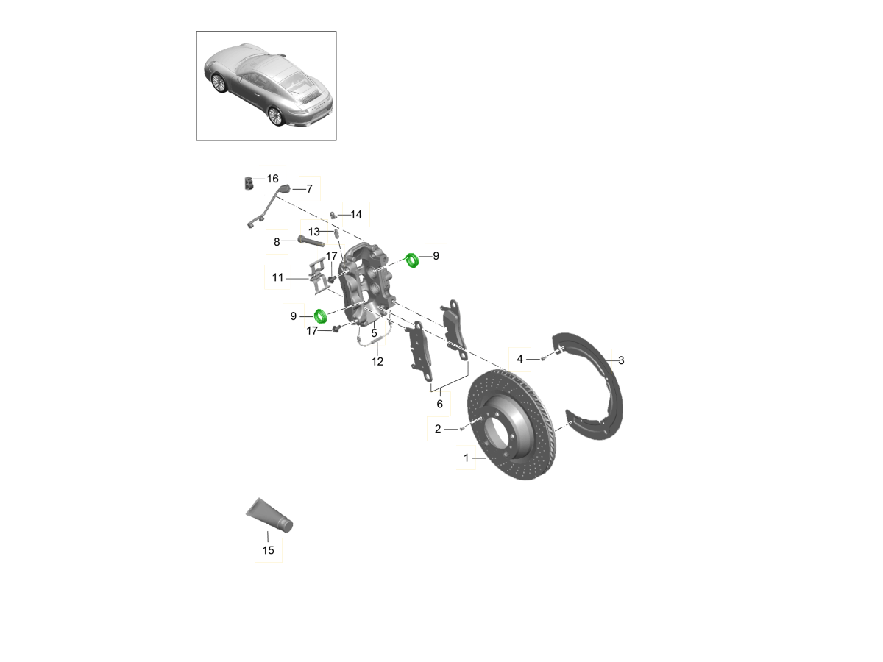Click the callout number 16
pyautogui.click(x=272, y=179)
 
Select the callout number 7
pyautogui.click(x=309, y=189)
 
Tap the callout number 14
pyautogui.click(x=355, y=215)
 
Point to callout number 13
pyautogui.click(x=313, y=232)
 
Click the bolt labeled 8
pyautogui.click(x=311, y=242)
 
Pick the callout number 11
pyautogui.click(x=277, y=278)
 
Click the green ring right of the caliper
pyautogui.click(x=412, y=260)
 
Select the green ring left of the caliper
pyautogui.click(x=321, y=316)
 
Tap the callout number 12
pyautogui.click(x=377, y=362)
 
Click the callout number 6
pyautogui.click(x=440, y=404)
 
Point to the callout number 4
pyautogui.click(x=519, y=359)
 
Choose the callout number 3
pyautogui.click(x=621, y=360)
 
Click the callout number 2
pyautogui.click(x=438, y=430)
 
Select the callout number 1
pyautogui.click(x=467, y=458)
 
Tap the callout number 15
pyautogui.click(x=269, y=550)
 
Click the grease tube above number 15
pyautogui.click(x=269, y=516)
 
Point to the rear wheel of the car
pyautogui.click(x=275, y=116)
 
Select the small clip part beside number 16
pyautogui.click(x=249, y=183)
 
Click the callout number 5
pyautogui.click(x=374, y=333)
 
